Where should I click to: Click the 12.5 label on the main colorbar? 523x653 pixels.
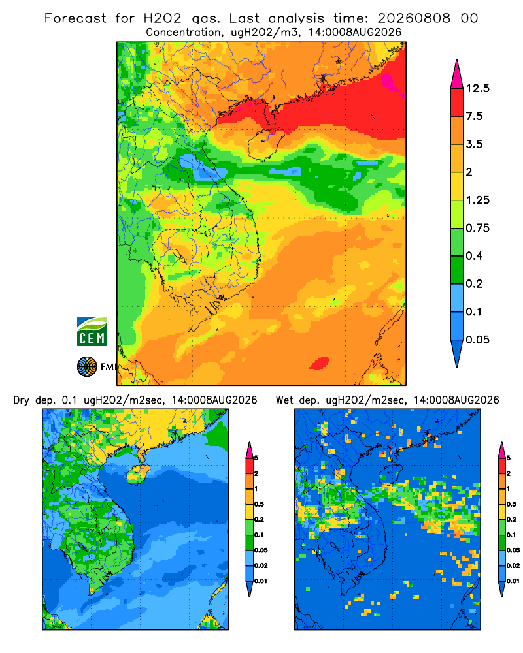click(477, 88)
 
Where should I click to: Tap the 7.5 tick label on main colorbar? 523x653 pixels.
click(474, 116)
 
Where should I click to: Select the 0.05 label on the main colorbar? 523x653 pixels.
click(477, 340)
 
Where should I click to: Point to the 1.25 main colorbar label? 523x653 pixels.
click(477, 200)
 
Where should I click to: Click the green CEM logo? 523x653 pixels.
click(92, 332)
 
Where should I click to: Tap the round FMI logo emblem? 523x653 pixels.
click(87, 367)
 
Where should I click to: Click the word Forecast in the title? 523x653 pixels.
click(75, 18)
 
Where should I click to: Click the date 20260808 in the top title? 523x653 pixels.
click(414, 18)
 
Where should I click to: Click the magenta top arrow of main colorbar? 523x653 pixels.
click(457, 74)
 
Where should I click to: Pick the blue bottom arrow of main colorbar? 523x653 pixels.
click(457, 353)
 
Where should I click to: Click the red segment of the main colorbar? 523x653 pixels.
click(457, 103)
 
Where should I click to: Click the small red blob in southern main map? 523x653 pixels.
click(320, 362)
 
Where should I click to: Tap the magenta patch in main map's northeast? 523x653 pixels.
click(392, 81)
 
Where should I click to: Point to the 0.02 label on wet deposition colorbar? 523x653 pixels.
click(513, 565)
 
